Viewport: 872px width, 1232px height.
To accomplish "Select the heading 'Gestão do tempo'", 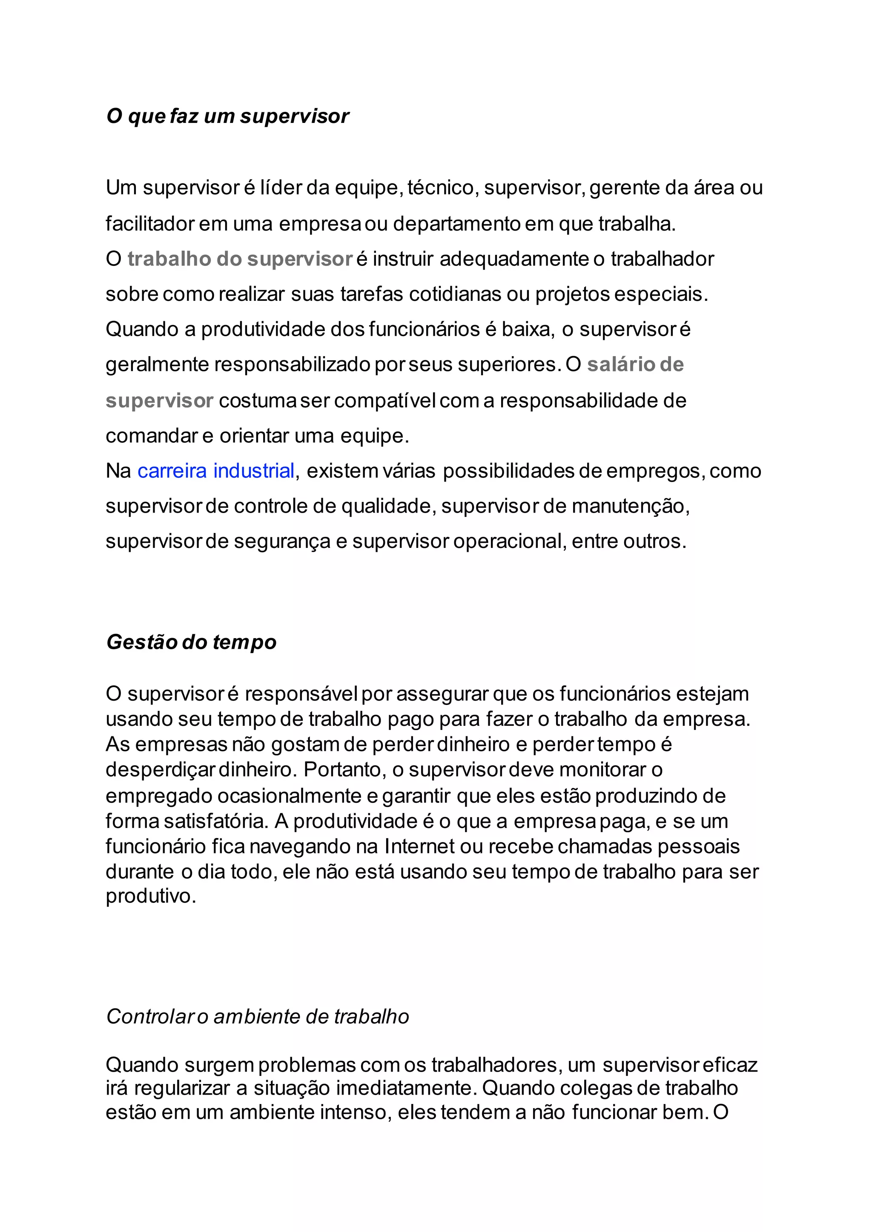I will pos(191,642).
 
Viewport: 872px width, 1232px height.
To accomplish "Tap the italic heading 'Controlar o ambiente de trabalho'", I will pos(258,1016).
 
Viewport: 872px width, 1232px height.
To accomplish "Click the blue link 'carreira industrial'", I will pos(216,471).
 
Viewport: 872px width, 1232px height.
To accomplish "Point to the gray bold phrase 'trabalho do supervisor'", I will pos(239,259).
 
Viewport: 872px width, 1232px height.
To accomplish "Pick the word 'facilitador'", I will pos(150,224).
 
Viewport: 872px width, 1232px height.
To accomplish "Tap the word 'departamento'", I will pos(456,224).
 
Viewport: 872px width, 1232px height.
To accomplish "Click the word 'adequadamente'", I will pos(514,259).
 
